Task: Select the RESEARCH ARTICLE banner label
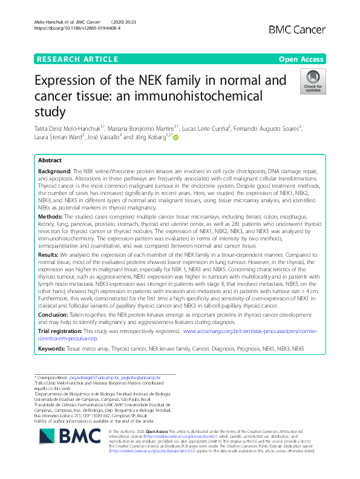tap(77, 59)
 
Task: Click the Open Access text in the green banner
tap(302, 59)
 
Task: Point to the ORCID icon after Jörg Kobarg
tap(177, 137)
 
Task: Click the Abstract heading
tap(50, 161)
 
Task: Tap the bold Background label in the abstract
tap(54, 172)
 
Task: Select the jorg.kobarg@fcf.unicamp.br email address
tap(96, 376)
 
